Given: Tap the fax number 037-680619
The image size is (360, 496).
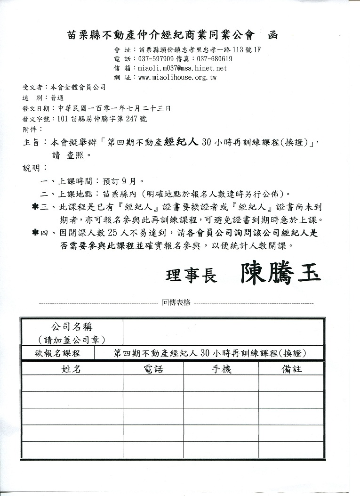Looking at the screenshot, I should [x=214, y=59].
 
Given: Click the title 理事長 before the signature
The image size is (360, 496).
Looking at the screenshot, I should [x=192, y=276].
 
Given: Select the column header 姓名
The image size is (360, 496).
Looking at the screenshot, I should [x=71, y=369].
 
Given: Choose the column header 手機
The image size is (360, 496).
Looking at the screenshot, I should [x=221, y=369].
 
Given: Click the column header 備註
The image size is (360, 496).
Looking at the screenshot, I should [x=292, y=369].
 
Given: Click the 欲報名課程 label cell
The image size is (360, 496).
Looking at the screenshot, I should [x=57, y=353].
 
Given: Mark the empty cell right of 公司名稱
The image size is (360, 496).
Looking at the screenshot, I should [x=223, y=333].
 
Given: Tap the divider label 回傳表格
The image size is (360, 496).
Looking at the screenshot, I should [x=176, y=303].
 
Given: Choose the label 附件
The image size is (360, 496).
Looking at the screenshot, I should [x=29, y=129].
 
